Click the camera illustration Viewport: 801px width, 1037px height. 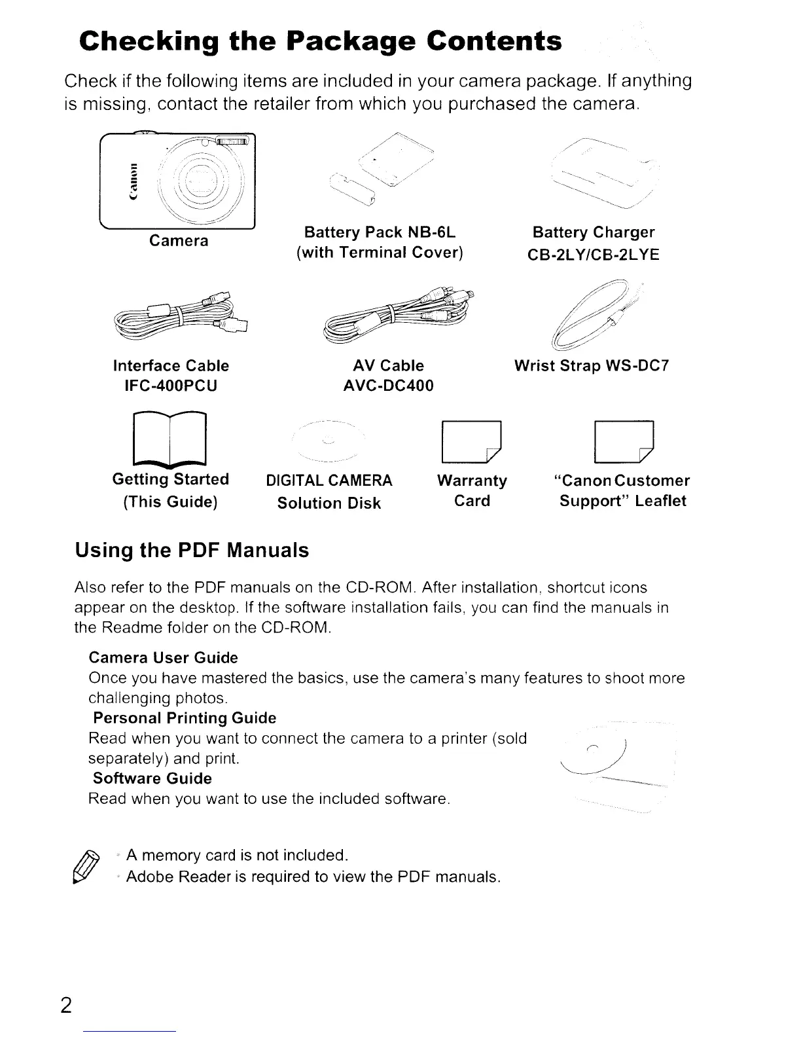[x=177, y=179]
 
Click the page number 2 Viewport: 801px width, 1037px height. [x=66, y=1005]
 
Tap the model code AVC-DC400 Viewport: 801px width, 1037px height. [x=388, y=386]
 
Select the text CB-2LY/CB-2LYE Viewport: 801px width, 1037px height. [x=593, y=255]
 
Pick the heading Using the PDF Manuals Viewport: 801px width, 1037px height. [x=192, y=550]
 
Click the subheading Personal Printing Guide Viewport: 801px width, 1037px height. [x=185, y=718]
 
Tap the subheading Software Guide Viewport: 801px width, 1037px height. [x=152, y=778]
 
